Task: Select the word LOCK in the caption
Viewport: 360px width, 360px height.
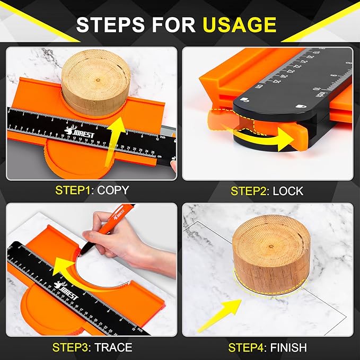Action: coord(288,190)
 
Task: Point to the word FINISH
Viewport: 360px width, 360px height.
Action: coord(288,348)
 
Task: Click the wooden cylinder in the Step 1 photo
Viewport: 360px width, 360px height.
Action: coord(92,80)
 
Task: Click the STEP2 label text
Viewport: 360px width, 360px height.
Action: coord(250,190)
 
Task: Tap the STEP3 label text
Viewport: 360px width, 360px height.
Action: coord(72,348)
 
